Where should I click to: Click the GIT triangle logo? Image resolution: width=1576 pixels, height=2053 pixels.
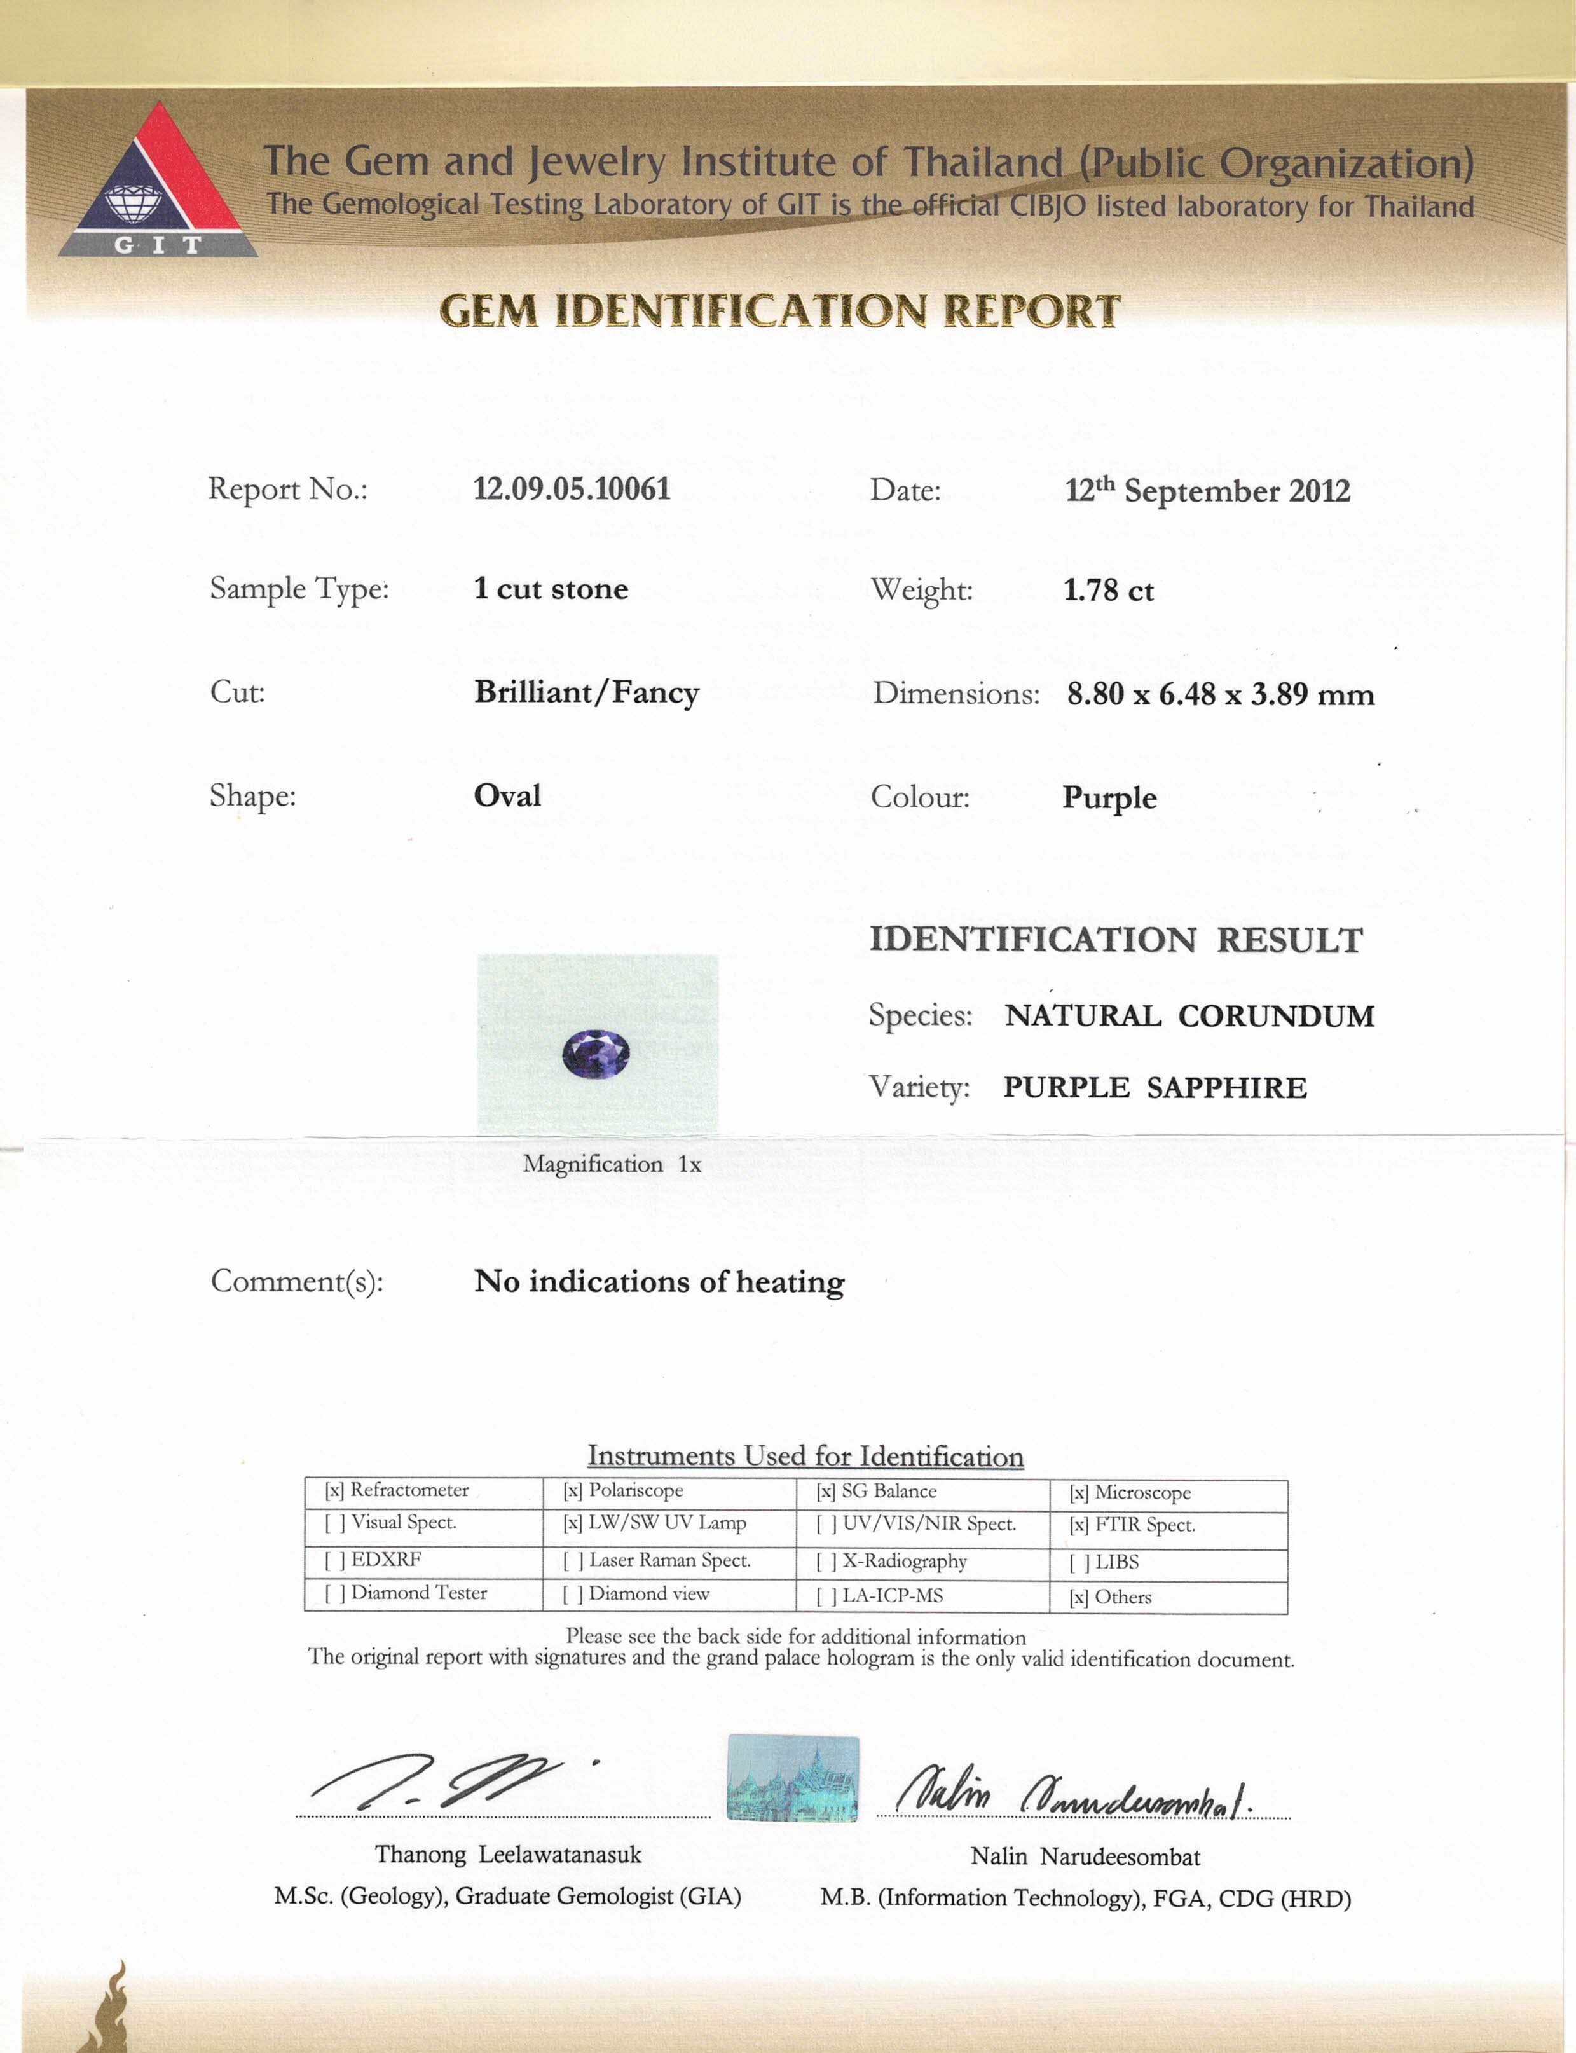(158, 183)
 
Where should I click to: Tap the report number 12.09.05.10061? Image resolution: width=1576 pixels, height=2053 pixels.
(572, 489)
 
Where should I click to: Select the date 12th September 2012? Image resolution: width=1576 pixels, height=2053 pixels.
(1207, 491)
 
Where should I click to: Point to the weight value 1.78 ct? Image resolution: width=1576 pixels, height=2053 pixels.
(1108, 590)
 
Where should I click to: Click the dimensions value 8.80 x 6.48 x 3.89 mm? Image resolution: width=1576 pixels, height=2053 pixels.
(1219, 694)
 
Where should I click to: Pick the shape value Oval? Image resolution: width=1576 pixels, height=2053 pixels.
(507, 795)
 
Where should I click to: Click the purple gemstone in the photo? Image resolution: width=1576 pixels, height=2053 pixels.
(596, 1053)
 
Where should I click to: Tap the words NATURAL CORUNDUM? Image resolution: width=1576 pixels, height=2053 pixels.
(1189, 1016)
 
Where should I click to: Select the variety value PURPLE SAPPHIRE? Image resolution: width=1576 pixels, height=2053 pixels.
(1154, 1087)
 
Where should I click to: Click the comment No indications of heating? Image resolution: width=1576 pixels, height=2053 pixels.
(659, 1282)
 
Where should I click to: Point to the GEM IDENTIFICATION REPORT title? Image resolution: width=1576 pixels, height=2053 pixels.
(779, 310)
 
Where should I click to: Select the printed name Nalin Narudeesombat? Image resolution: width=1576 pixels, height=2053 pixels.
(1085, 1856)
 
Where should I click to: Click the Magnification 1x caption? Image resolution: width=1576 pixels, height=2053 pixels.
(612, 1164)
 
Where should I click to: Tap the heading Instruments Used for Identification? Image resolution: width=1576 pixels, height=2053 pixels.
(805, 1456)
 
